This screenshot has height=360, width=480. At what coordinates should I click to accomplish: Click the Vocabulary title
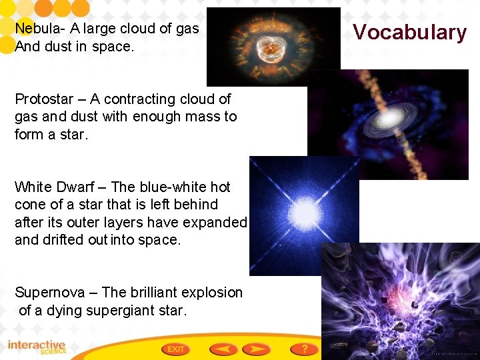(x=409, y=32)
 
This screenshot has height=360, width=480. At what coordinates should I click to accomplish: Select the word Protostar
(x=44, y=99)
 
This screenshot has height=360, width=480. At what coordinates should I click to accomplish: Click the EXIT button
(x=176, y=349)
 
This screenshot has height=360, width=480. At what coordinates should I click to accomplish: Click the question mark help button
(x=304, y=349)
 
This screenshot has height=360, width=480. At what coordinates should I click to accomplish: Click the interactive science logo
(x=37, y=347)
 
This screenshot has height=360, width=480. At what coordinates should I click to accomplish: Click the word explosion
(x=213, y=293)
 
